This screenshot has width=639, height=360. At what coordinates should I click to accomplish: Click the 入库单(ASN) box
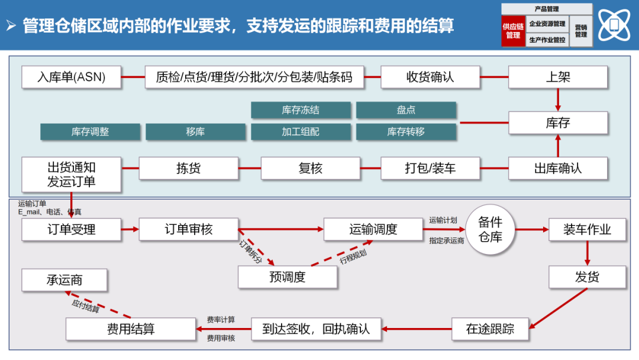(x=72, y=77)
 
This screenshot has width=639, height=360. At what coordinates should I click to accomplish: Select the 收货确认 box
(x=430, y=77)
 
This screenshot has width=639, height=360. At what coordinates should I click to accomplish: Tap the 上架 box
(x=558, y=77)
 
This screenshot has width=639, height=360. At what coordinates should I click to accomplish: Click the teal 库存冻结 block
(x=301, y=110)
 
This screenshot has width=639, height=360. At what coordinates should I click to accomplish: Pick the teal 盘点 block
(x=406, y=110)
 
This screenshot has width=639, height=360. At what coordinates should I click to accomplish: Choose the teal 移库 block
(x=195, y=132)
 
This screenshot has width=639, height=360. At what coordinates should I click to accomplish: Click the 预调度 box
(x=288, y=277)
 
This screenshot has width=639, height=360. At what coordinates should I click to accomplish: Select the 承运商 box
(x=64, y=280)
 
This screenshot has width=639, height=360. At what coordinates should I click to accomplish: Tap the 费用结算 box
(x=131, y=329)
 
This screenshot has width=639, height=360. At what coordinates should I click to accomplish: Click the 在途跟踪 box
(x=490, y=329)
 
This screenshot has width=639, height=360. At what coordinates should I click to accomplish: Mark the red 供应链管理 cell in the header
(x=513, y=31)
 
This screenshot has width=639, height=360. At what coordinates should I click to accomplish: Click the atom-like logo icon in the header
(x=614, y=25)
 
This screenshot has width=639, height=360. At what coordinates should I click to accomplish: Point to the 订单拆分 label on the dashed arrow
(x=250, y=252)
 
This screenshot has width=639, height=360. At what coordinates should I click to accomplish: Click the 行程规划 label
(x=353, y=256)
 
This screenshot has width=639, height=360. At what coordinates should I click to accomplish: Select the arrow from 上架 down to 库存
(x=558, y=99)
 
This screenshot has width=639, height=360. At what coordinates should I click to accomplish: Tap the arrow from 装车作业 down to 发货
(x=587, y=253)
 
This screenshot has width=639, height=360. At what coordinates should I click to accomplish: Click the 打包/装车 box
(x=430, y=168)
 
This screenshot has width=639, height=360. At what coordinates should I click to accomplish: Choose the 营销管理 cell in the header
(x=581, y=31)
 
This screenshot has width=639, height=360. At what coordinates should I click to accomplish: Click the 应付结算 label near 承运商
(x=85, y=304)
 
